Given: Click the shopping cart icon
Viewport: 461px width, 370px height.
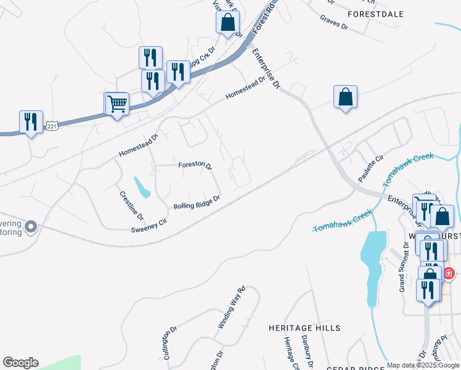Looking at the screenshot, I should tap(116, 104).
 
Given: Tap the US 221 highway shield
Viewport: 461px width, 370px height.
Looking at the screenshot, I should tap(52, 126).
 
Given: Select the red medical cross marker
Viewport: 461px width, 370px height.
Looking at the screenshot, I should tap(449, 273).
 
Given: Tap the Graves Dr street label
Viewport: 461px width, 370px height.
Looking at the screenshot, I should tap(334, 23).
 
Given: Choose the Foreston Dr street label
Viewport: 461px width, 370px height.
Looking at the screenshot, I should tap(195, 166).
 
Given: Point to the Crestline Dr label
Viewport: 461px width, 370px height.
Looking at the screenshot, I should tap(131, 206).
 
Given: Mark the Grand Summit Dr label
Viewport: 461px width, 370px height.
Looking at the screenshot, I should tap(404, 266).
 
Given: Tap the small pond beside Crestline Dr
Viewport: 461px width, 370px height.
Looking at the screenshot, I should tap(142, 187).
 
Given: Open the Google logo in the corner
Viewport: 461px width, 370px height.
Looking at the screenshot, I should tap(20, 363).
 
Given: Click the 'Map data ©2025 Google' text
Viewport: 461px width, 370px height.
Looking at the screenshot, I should tap(423, 365).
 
